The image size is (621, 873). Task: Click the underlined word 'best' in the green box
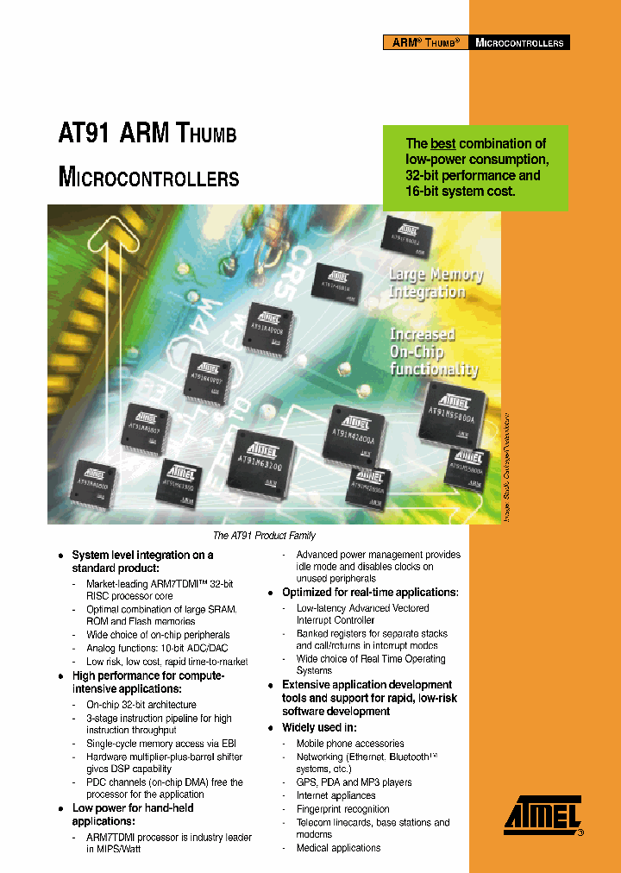(x=442, y=144)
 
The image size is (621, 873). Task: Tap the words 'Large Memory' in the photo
(x=436, y=276)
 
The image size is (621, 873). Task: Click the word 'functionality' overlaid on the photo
(x=434, y=369)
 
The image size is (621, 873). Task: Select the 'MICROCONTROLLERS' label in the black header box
(x=519, y=42)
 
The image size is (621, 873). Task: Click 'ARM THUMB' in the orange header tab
(x=425, y=42)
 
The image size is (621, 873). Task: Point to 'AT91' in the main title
(x=84, y=135)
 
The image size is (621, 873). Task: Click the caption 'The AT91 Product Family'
(x=264, y=536)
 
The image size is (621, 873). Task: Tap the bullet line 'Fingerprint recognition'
(x=342, y=809)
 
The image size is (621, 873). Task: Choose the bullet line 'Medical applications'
(x=338, y=848)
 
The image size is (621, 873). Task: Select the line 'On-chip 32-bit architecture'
(x=141, y=705)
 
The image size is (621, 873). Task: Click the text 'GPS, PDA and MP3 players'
(x=354, y=782)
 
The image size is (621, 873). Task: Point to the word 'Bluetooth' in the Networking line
(x=405, y=757)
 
